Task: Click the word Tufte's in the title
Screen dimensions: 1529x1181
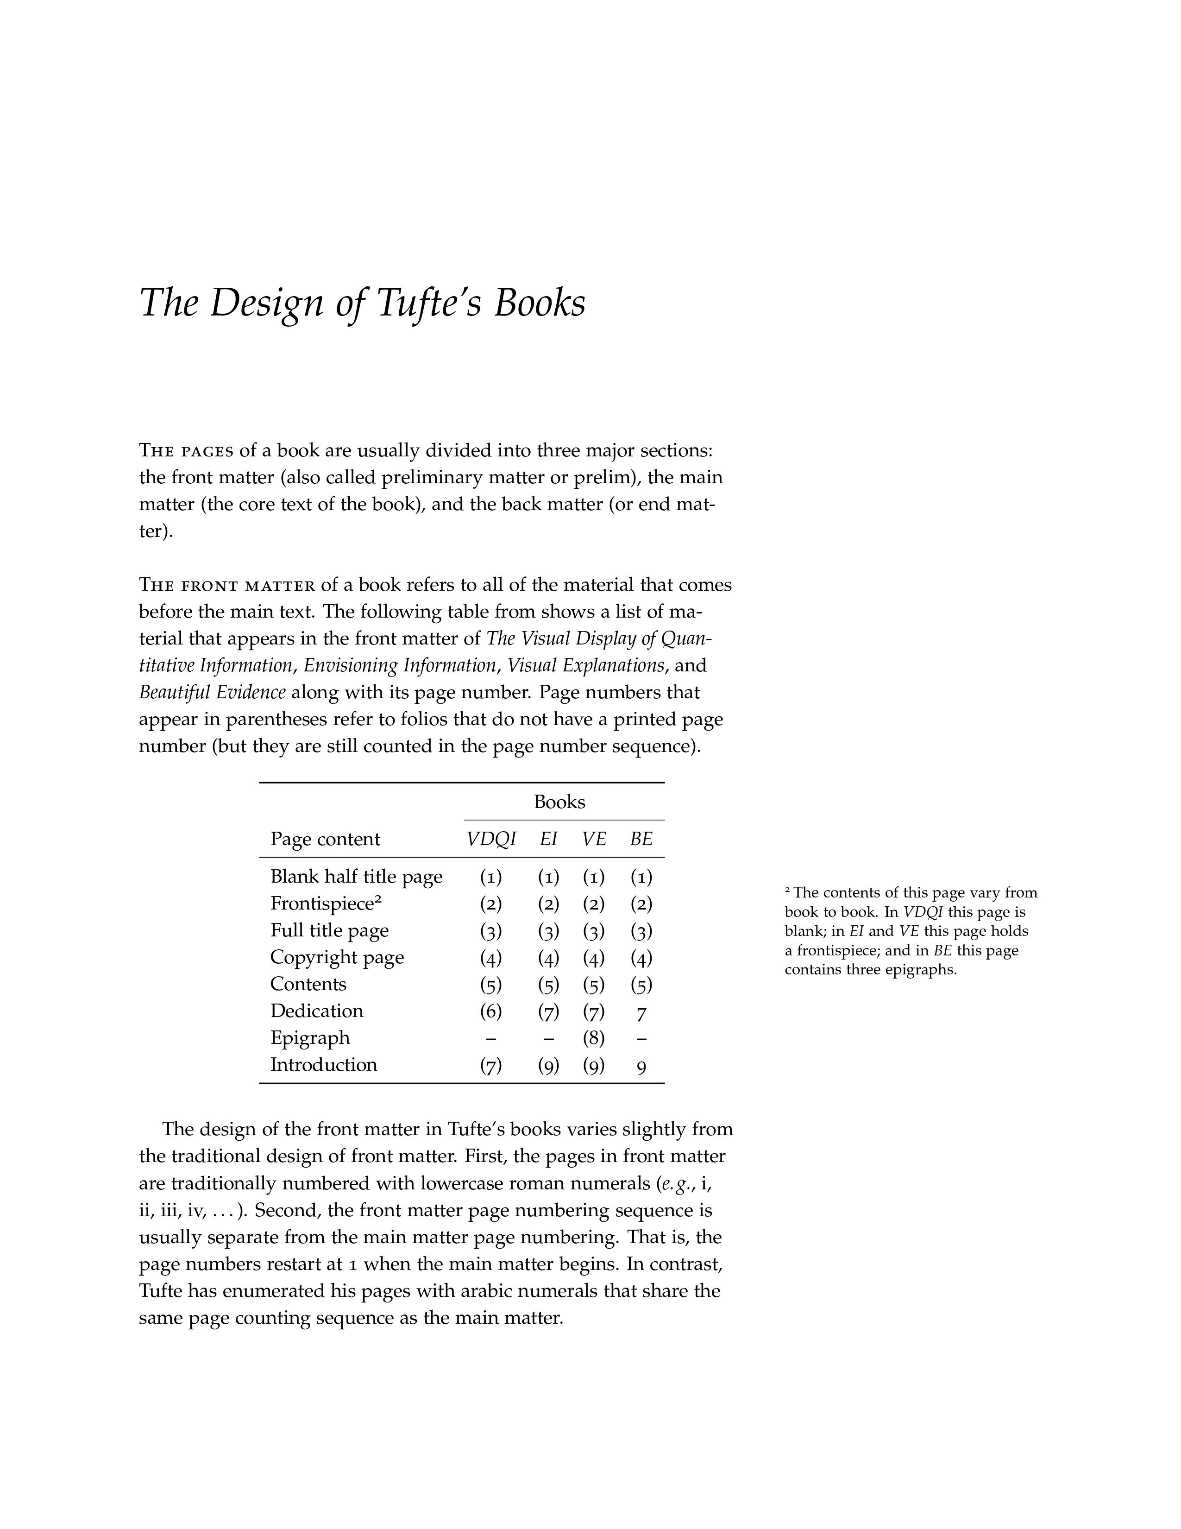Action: point(429,303)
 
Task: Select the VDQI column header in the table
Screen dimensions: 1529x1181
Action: point(491,839)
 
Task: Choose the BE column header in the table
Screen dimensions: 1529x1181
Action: point(641,839)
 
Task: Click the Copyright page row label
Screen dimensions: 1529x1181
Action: point(337,957)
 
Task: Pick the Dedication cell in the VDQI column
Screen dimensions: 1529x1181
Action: point(491,1011)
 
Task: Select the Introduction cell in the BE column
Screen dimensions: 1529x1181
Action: point(641,1066)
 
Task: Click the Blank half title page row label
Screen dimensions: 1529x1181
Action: point(356,877)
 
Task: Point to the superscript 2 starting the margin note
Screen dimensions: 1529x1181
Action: point(788,890)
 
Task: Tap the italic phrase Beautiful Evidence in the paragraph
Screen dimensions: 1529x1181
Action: point(212,692)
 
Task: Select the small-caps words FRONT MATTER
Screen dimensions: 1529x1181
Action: point(248,585)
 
